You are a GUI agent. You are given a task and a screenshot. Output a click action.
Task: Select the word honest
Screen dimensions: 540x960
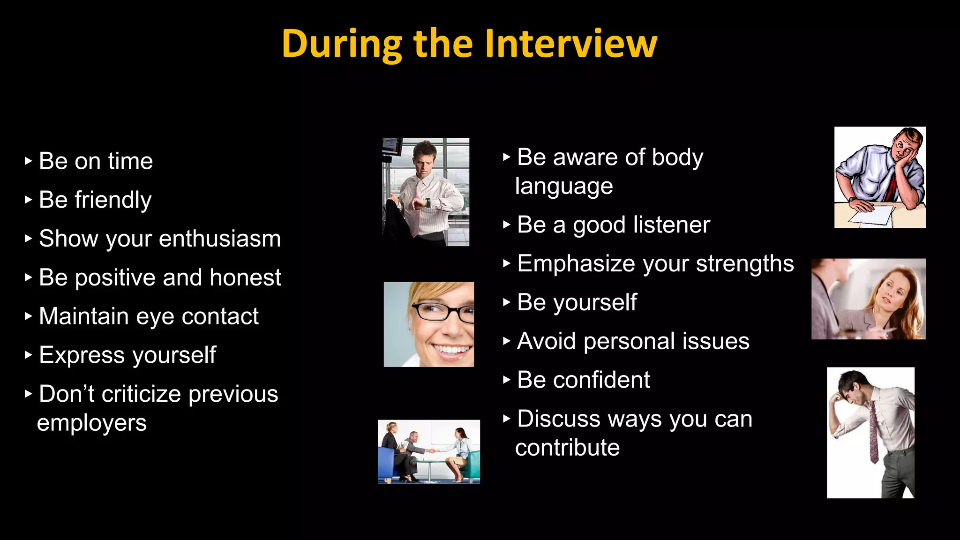(x=245, y=277)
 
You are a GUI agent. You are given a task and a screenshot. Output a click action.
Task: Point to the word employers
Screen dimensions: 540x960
(x=92, y=423)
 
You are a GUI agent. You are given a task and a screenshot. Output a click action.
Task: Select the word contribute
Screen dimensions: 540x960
(x=567, y=448)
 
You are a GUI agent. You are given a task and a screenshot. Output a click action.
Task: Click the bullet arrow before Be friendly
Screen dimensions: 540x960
(x=28, y=200)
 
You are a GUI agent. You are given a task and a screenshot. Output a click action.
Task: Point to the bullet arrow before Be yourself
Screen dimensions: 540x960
(x=506, y=302)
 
